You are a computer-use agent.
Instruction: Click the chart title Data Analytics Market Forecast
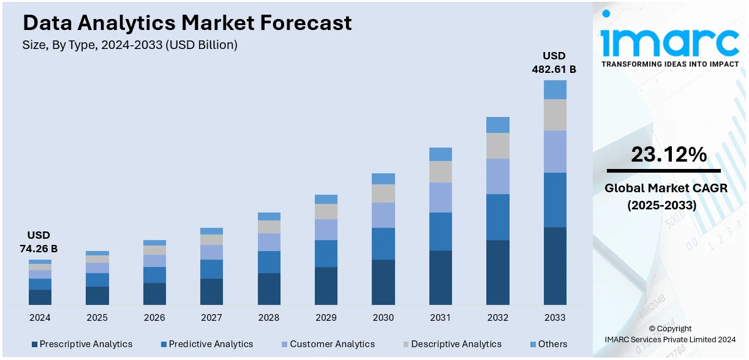pos(187,23)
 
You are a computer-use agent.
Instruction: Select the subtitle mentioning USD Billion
pos(130,45)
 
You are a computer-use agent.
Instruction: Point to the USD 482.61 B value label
pos(554,62)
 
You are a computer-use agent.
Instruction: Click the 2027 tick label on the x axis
pos(211,318)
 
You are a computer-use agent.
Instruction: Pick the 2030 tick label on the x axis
pos(383,318)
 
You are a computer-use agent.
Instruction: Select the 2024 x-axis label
pos(40,318)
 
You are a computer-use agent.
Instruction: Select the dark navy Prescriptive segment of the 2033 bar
pos(555,266)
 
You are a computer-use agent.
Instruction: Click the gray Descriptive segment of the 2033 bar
pos(555,114)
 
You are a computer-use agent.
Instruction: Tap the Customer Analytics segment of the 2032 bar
pos(498,176)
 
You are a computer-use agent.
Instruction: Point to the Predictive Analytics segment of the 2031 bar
pos(440,231)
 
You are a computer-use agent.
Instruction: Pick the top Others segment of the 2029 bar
pos(326,199)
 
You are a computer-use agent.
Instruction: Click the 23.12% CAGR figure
pos(669,155)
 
